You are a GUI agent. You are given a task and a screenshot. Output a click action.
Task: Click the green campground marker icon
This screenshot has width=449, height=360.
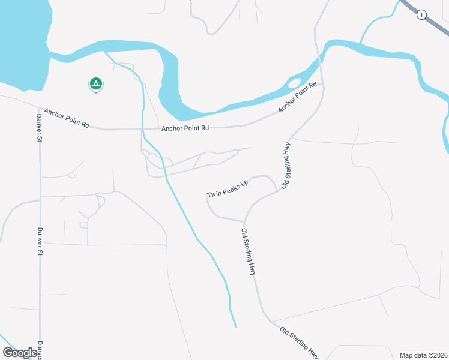click(x=95, y=84)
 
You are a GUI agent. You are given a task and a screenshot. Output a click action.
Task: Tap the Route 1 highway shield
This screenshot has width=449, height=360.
click(x=423, y=15)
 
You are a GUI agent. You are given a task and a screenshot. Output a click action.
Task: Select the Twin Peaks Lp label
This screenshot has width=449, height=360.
click(x=228, y=189)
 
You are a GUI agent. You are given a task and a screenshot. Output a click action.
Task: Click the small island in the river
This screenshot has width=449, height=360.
click(x=295, y=82)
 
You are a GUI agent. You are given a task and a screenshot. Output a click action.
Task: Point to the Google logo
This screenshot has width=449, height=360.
click(x=20, y=352)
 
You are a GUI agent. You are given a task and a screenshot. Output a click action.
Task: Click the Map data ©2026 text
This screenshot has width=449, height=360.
click(x=423, y=355)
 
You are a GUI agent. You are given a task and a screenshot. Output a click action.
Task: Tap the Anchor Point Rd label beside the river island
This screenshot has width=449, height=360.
click(x=298, y=99)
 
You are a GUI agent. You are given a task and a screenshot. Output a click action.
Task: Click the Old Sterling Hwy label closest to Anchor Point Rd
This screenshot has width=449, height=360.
click(x=286, y=166)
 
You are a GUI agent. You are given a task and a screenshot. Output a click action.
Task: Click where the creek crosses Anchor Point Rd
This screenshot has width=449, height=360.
click(x=143, y=129)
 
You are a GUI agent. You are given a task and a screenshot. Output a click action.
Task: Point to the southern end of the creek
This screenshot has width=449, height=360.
click(x=235, y=326)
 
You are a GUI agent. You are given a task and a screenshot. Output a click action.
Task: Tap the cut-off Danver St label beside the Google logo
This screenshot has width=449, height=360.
click(x=41, y=349)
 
